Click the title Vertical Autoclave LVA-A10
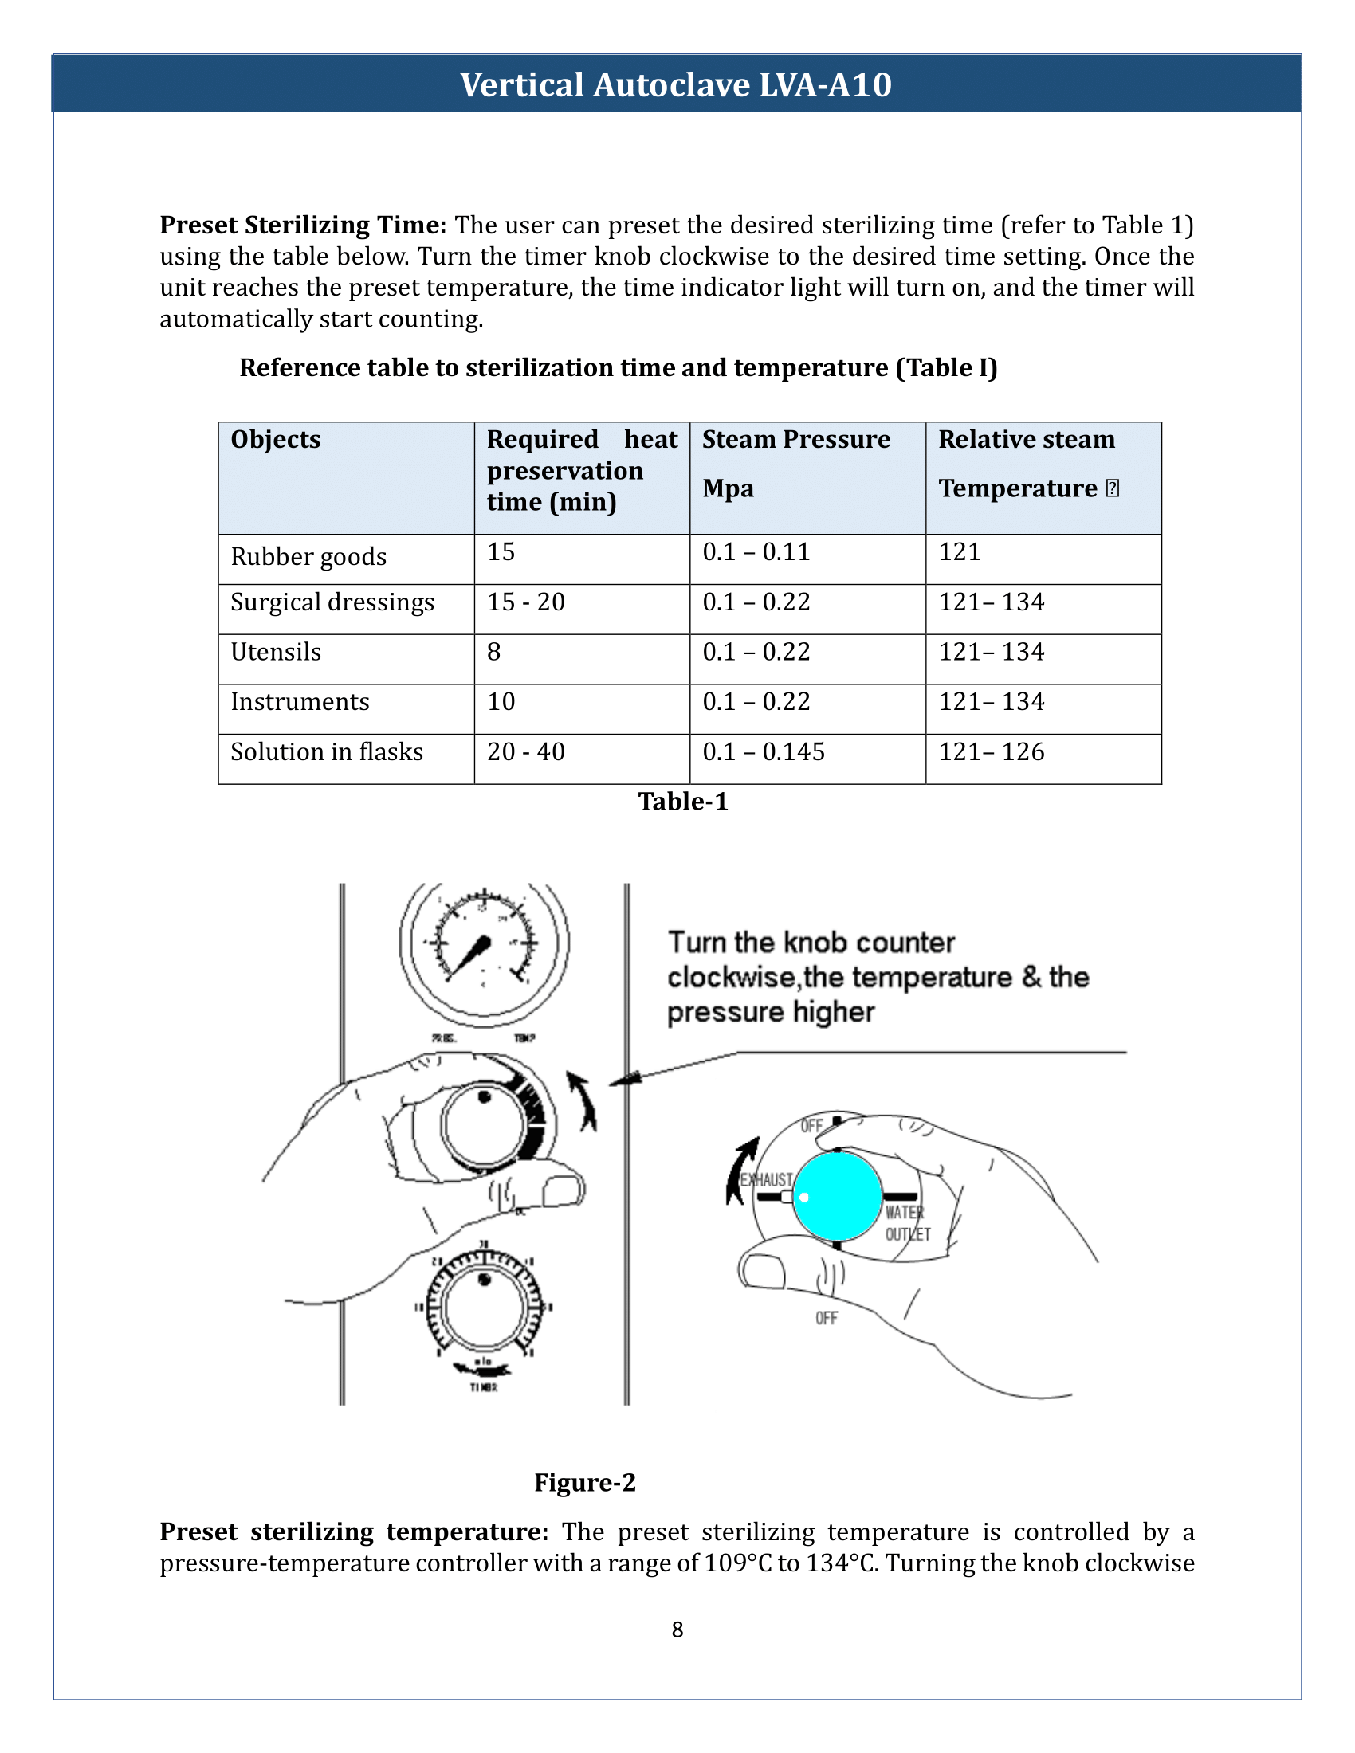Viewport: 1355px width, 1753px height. tap(676, 84)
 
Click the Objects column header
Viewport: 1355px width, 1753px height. tap(275, 439)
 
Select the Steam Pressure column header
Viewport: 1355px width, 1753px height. tap(795, 439)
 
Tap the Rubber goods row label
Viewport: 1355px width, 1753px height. tap(308, 556)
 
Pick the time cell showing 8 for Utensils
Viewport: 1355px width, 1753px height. tap(493, 652)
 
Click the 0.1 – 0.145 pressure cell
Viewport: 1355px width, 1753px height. tap(764, 752)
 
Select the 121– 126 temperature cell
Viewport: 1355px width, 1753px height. tap(992, 752)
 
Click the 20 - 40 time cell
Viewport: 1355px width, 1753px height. tap(526, 752)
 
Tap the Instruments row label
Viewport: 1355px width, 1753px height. tap(300, 701)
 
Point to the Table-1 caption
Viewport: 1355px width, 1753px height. tap(683, 801)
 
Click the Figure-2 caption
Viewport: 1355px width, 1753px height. tap(584, 1482)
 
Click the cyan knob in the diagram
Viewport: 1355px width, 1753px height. tap(837, 1196)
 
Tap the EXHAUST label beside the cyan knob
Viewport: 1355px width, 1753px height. tap(766, 1179)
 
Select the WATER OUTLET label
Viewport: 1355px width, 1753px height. tap(907, 1223)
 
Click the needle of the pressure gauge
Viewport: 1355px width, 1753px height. tap(468, 957)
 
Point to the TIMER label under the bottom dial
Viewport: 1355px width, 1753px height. tap(484, 1387)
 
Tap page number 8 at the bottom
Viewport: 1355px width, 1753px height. tap(677, 1629)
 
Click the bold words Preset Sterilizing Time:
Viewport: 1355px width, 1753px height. tap(303, 225)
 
